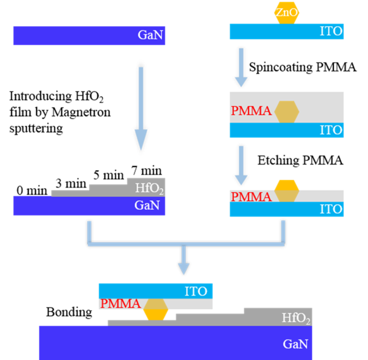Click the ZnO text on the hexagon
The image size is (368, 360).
[287, 12]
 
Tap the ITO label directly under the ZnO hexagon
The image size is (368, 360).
[331, 31]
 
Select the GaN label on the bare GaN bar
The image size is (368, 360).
[150, 35]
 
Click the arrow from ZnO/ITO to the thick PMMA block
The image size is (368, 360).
[241, 67]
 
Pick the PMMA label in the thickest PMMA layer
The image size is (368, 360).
[251, 111]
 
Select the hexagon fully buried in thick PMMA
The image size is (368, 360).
[287, 111]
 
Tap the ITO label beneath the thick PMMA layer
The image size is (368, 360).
[331, 130]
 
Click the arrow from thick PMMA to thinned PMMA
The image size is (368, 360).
[241, 165]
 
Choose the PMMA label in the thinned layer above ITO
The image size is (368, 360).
[251, 197]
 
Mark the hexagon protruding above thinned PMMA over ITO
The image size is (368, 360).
[287, 190]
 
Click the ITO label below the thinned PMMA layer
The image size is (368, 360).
[331, 209]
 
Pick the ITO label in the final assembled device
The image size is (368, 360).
[196, 291]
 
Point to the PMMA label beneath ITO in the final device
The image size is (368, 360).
[120, 304]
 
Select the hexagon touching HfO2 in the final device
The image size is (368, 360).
[156, 310]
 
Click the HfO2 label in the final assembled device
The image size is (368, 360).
[296, 318]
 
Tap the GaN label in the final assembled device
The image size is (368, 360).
[295, 344]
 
